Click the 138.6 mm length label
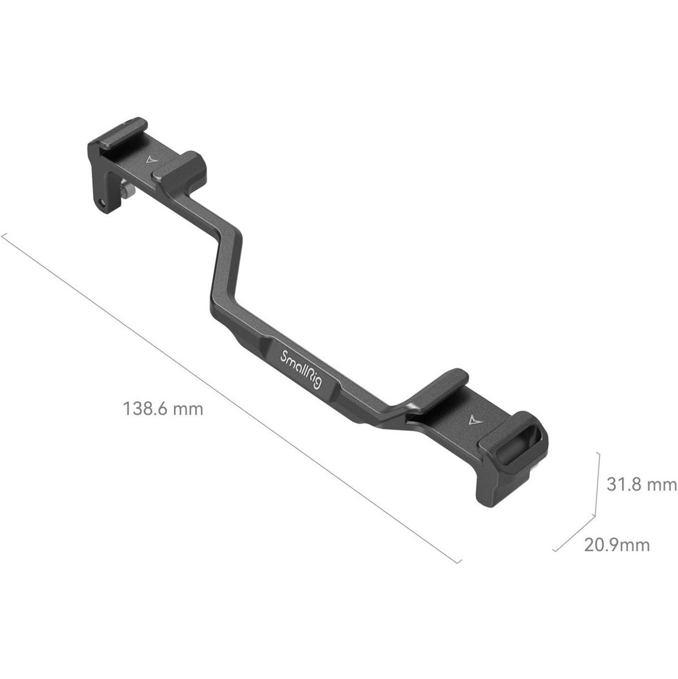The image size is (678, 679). [163, 409]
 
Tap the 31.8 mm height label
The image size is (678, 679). [641, 485]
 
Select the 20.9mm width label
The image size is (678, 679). [617, 545]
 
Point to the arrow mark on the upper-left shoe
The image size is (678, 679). [149, 160]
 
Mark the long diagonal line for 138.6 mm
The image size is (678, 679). [226, 396]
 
